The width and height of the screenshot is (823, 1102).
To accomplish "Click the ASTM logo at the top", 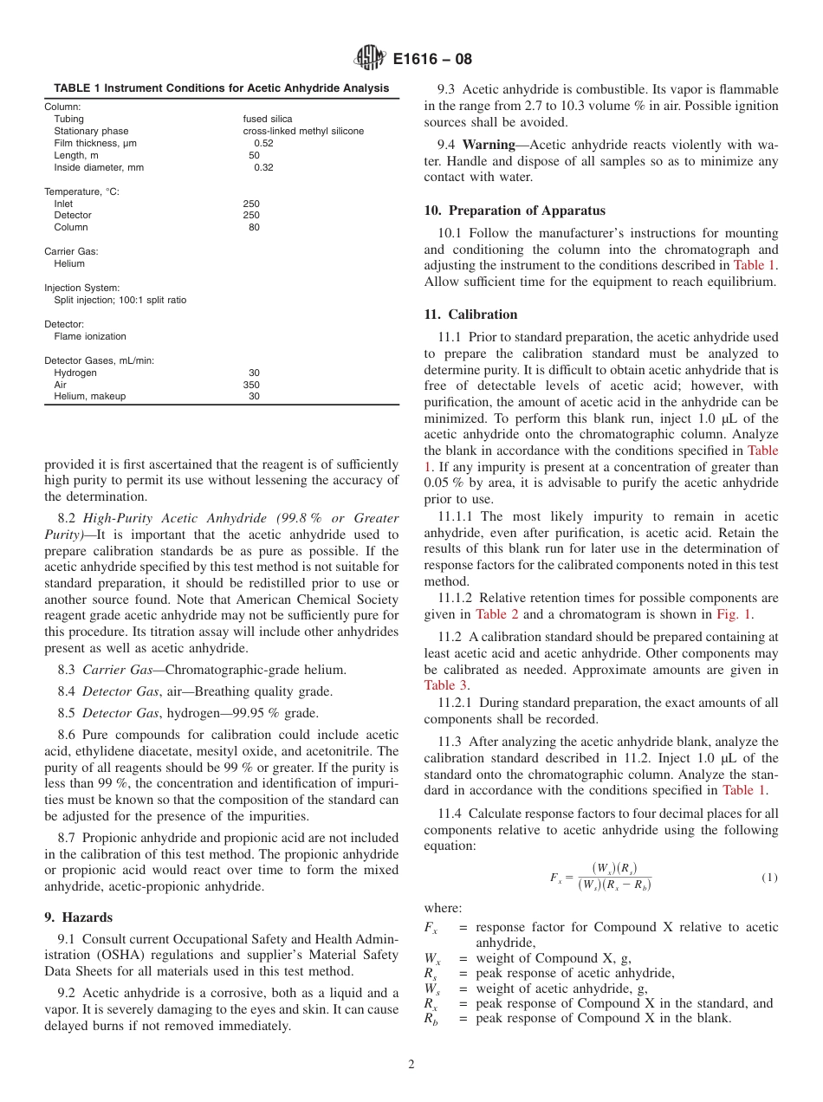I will [370, 59].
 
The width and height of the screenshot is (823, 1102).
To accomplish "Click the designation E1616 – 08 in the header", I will [431, 60].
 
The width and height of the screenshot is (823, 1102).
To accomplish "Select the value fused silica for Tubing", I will [267, 119].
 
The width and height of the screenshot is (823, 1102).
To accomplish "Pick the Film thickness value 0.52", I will [263, 143].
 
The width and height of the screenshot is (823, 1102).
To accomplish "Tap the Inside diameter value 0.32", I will [263, 167].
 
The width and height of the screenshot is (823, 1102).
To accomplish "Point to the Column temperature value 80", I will [254, 227].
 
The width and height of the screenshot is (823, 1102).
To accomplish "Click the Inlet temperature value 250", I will [251, 204].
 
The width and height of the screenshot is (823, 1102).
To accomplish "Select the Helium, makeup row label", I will [89, 396].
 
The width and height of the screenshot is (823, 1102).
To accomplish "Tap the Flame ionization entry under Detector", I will [89, 336].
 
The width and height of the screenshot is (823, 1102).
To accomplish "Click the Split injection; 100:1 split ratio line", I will [120, 300].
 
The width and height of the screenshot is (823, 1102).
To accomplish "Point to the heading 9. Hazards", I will [78, 917].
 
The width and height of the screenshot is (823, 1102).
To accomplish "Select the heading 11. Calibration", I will [470, 314].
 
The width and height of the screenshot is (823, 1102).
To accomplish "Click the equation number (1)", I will [769, 878].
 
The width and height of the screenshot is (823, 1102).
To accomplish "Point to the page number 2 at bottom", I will [411, 1065].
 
